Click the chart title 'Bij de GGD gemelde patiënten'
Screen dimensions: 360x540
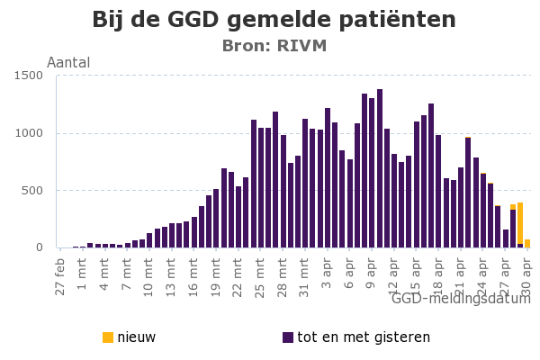tap(274, 21)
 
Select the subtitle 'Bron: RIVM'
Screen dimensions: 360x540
tap(274, 46)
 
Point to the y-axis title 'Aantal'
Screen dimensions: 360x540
tap(68, 63)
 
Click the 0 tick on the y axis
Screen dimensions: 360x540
tap(40, 247)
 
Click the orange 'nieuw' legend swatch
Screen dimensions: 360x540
tap(108, 337)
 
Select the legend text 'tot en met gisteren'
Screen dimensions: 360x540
tap(364, 337)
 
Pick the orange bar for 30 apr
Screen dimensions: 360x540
tap(527, 243)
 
